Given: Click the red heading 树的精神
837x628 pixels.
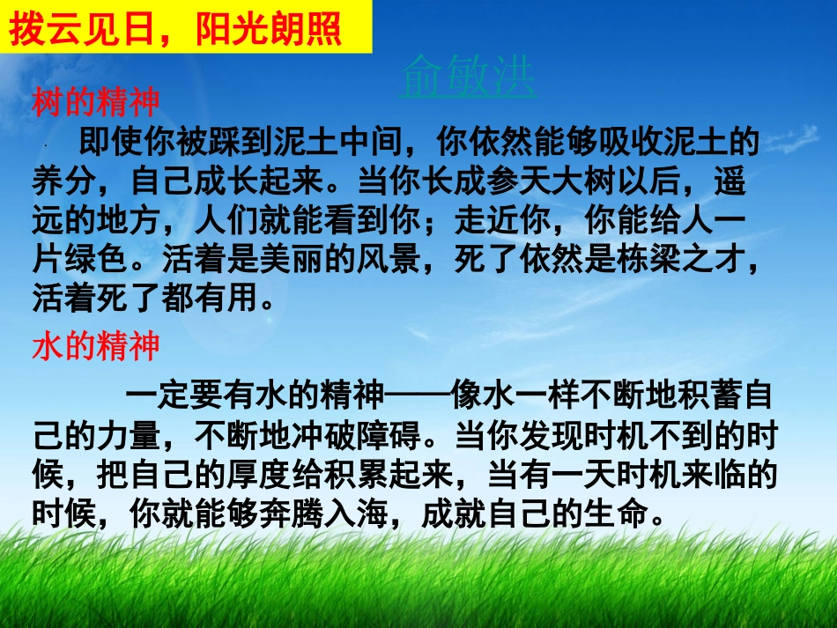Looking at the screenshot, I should click(96, 102).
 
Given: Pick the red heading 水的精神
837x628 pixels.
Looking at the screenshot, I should click(96, 346).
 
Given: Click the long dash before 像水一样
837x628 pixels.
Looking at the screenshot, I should click(418, 395).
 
